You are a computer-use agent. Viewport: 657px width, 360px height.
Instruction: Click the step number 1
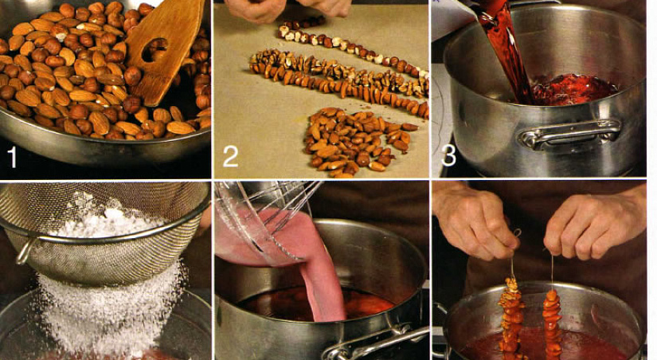[x=13, y=158]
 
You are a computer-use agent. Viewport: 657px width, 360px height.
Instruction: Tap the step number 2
[x=230, y=157]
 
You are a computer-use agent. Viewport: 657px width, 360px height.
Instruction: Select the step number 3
[x=448, y=155]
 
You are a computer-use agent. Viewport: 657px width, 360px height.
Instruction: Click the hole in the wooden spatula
[x=154, y=49]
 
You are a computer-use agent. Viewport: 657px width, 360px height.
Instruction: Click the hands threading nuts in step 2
[x=289, y=10]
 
